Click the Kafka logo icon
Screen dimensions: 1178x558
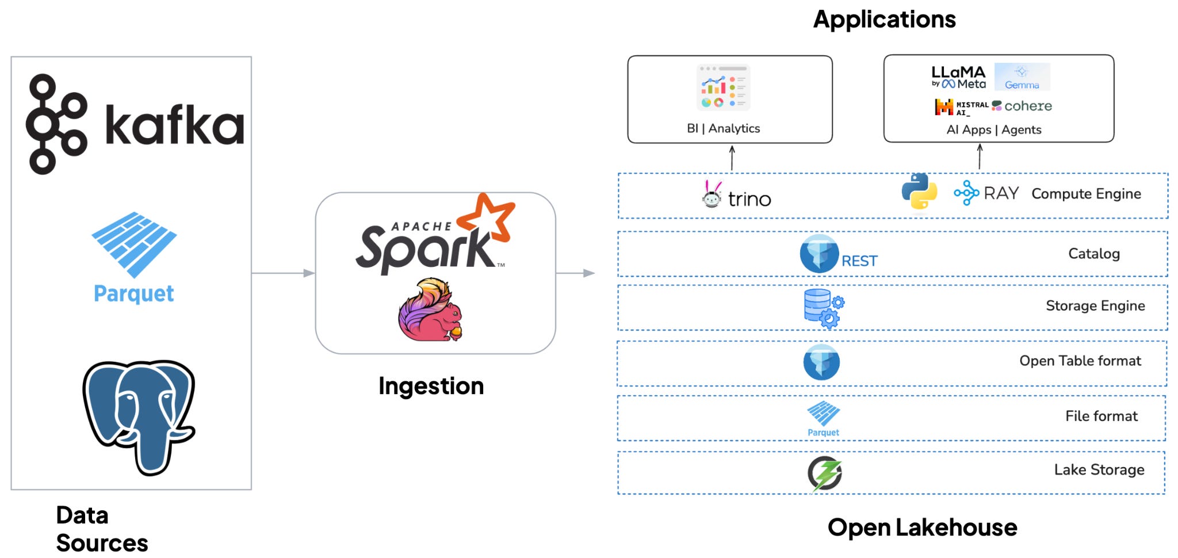pos(56,124)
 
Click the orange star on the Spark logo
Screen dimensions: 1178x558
pos(486,217)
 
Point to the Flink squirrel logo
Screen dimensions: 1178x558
pos(430,309)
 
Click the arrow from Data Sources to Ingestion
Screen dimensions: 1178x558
pos(284,273)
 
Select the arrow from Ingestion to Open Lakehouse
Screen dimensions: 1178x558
pos(575,273)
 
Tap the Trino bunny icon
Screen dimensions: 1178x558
pos(712,194)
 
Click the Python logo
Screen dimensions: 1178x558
pos(919,191)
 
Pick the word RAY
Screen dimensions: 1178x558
pos(1001,193)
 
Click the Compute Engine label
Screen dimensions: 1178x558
pos(1086,194)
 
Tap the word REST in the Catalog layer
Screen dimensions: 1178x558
pos(859,261)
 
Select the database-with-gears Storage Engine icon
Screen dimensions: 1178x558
pos(824,308)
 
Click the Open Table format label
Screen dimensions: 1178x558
pos(1080,361)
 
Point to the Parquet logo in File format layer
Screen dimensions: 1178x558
pos(823,419)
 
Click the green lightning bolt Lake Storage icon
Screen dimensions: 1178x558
pos(825,474)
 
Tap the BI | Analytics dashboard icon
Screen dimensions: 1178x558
pos(724,87)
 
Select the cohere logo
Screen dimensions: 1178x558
pos(1022,106)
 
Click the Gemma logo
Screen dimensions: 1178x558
pos(1022,77)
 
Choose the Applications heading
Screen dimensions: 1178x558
pos(885,19)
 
